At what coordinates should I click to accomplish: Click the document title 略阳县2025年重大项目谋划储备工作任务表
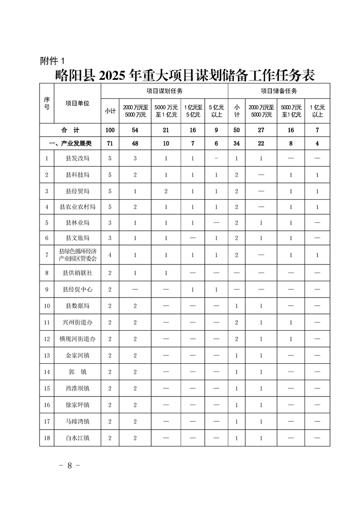pos(184,74)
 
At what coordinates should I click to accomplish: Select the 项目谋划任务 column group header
pos(164,91)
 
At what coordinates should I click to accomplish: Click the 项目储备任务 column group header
pos(278,91)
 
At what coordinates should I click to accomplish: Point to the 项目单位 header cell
pos(77,103)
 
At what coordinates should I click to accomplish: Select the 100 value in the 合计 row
pos(109,130)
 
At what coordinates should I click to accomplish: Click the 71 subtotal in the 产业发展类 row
pos(109,143)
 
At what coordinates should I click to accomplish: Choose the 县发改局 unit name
pos(77,158)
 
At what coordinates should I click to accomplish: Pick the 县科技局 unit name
pos(77,175)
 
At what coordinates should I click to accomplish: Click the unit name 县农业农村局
pos(77,207)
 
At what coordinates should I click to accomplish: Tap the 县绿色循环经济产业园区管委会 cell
pos(77,254)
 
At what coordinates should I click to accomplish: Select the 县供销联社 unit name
pos(77,273)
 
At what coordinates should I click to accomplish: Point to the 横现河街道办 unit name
pos(77,339)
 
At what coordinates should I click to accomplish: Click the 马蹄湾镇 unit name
pos(77,421)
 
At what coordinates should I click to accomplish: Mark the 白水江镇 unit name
pos(77,438)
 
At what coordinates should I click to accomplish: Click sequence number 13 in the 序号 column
pos(47,356)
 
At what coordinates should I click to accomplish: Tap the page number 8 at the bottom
pos(70,466)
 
